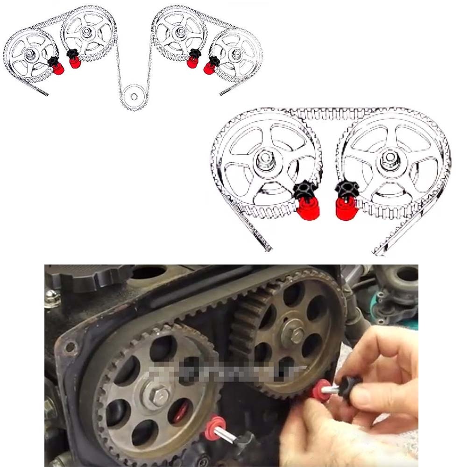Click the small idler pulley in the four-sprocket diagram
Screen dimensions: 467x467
pos(134,96)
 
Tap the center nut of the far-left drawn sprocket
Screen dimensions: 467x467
pos(30,54)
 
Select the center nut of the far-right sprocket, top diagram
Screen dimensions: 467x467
pos(237,53)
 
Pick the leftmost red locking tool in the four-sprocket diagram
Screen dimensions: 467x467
pos(58,69)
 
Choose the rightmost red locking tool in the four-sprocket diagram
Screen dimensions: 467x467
pos(209,68)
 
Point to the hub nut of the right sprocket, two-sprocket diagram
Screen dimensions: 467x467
pos(389,159)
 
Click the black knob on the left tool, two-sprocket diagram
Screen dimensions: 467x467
pos(305,189)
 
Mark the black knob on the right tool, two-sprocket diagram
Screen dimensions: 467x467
pos(346,189)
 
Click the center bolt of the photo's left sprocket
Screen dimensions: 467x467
pos(158,396)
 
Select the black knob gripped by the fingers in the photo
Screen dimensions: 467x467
pos(349,387)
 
